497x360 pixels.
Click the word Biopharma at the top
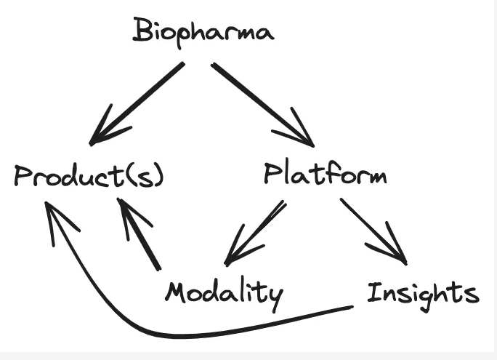click(x=203, y=32)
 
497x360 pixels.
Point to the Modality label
click(x=224, y=293)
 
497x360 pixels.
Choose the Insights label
click(x=422, y=292)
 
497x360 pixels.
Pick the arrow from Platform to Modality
click(x=254, y=232)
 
